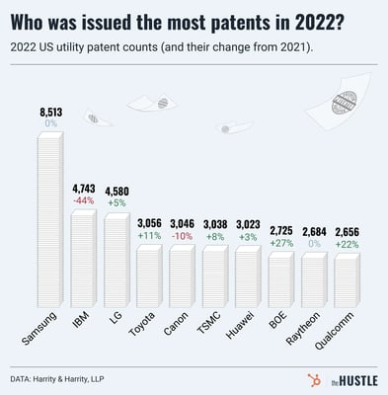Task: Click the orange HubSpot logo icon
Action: [x=298, y=377]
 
